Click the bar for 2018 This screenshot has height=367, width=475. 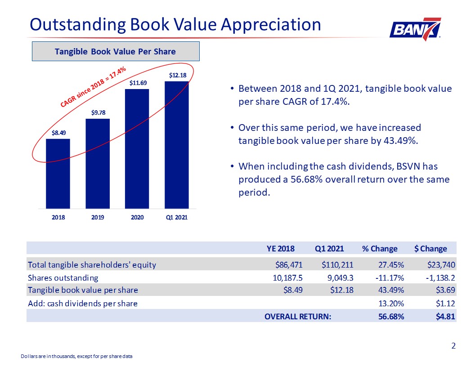coord(58,174)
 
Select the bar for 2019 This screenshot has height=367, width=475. coord(98,164)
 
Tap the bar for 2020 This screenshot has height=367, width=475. coord(137,149)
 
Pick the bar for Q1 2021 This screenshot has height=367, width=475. coord(177,145)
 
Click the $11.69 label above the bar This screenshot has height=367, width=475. coord(138,83)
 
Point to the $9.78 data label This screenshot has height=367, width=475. coord(99,112)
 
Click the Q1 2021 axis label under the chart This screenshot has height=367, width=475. coord(177,217)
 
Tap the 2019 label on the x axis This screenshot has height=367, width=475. coord(98,217)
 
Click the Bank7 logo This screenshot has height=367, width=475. coord(415,29)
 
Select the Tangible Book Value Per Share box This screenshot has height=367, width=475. coord(116,51)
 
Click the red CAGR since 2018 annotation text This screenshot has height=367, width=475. coord(93,87)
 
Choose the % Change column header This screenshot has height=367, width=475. coord(380,249)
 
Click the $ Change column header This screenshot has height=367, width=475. coord(430,249)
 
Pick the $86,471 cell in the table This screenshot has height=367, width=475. coord(289,265)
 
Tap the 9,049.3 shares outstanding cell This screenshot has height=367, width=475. coord(340,277)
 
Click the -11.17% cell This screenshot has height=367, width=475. coord(390,277)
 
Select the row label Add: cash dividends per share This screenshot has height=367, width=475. coord(83,304)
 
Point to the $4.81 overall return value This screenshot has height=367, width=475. coord(445,317)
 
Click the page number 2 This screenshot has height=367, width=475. coord(453,346)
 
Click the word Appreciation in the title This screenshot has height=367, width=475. coord(271,25)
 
